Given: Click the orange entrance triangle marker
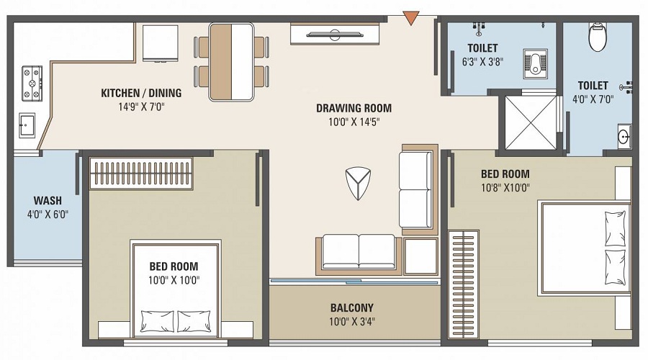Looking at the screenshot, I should click(x=410, y=17).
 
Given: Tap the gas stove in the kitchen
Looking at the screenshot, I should click(x=32, y=84).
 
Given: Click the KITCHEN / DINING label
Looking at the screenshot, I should click(x=141, y=93).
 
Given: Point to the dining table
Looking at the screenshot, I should click(x=231, y=62).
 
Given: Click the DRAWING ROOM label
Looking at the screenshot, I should click(x=354, y=109).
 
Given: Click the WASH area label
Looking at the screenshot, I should click(x=48, y=201).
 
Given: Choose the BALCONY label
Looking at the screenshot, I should click(x=352, y=307).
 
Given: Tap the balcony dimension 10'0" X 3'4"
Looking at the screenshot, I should click(x=352, y=321).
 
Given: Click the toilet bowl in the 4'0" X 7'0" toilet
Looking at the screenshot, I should click(x=598, y=37).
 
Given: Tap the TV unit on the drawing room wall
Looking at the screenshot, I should click(x=335, y=33).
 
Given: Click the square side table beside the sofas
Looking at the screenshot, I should click(x=421, y=256).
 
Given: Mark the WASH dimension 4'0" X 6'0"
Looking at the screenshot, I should click(x=48, y=214).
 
